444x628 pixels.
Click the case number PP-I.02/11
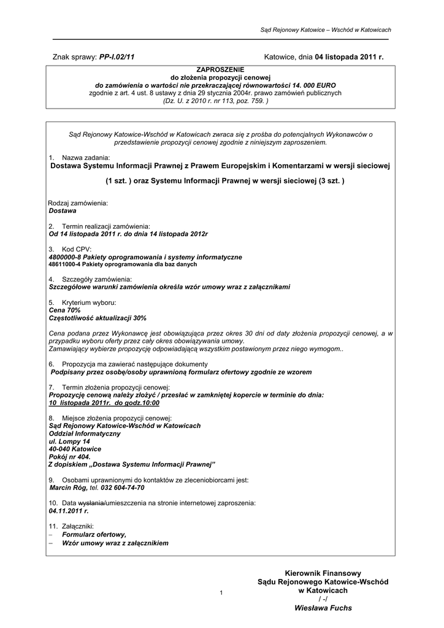(117, 57)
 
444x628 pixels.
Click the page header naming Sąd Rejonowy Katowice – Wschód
(326, 29)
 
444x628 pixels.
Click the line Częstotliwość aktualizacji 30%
(98, 318)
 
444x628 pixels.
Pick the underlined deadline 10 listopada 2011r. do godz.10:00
(104, 404)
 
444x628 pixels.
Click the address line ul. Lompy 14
(69, 442)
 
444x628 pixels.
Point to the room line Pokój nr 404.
(69, 457)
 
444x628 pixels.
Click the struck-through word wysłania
(92, 503)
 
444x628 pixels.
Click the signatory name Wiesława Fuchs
(323, 608)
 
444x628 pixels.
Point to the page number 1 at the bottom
(220, 592)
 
